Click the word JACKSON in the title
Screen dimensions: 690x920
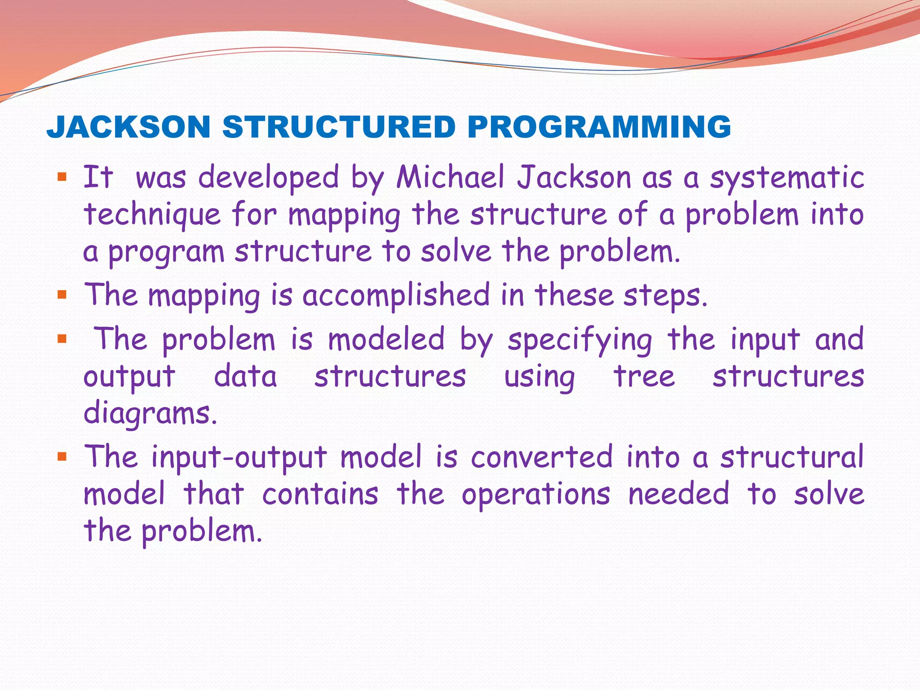[x=128, y=127]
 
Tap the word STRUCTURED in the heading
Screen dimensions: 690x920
[x=339, y=127]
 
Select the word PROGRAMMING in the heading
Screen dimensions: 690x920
[x=599, y=127]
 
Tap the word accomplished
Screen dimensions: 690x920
[x=396, y=296]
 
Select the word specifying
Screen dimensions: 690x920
[x=580, y=341]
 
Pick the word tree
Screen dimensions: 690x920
[x=644, y=376]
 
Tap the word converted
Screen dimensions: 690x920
[x=542, y=457]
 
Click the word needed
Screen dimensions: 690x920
[x=679, y=494]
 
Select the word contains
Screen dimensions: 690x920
[x=320, y=494]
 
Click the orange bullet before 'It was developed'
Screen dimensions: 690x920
[x=62, y=176]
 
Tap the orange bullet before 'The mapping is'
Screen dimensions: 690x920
[x=62, y=295]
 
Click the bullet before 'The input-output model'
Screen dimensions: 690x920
[x=62, y=457]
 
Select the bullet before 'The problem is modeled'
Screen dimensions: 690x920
[x=62, y=339]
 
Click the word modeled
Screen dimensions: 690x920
[x=386, y=340]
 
